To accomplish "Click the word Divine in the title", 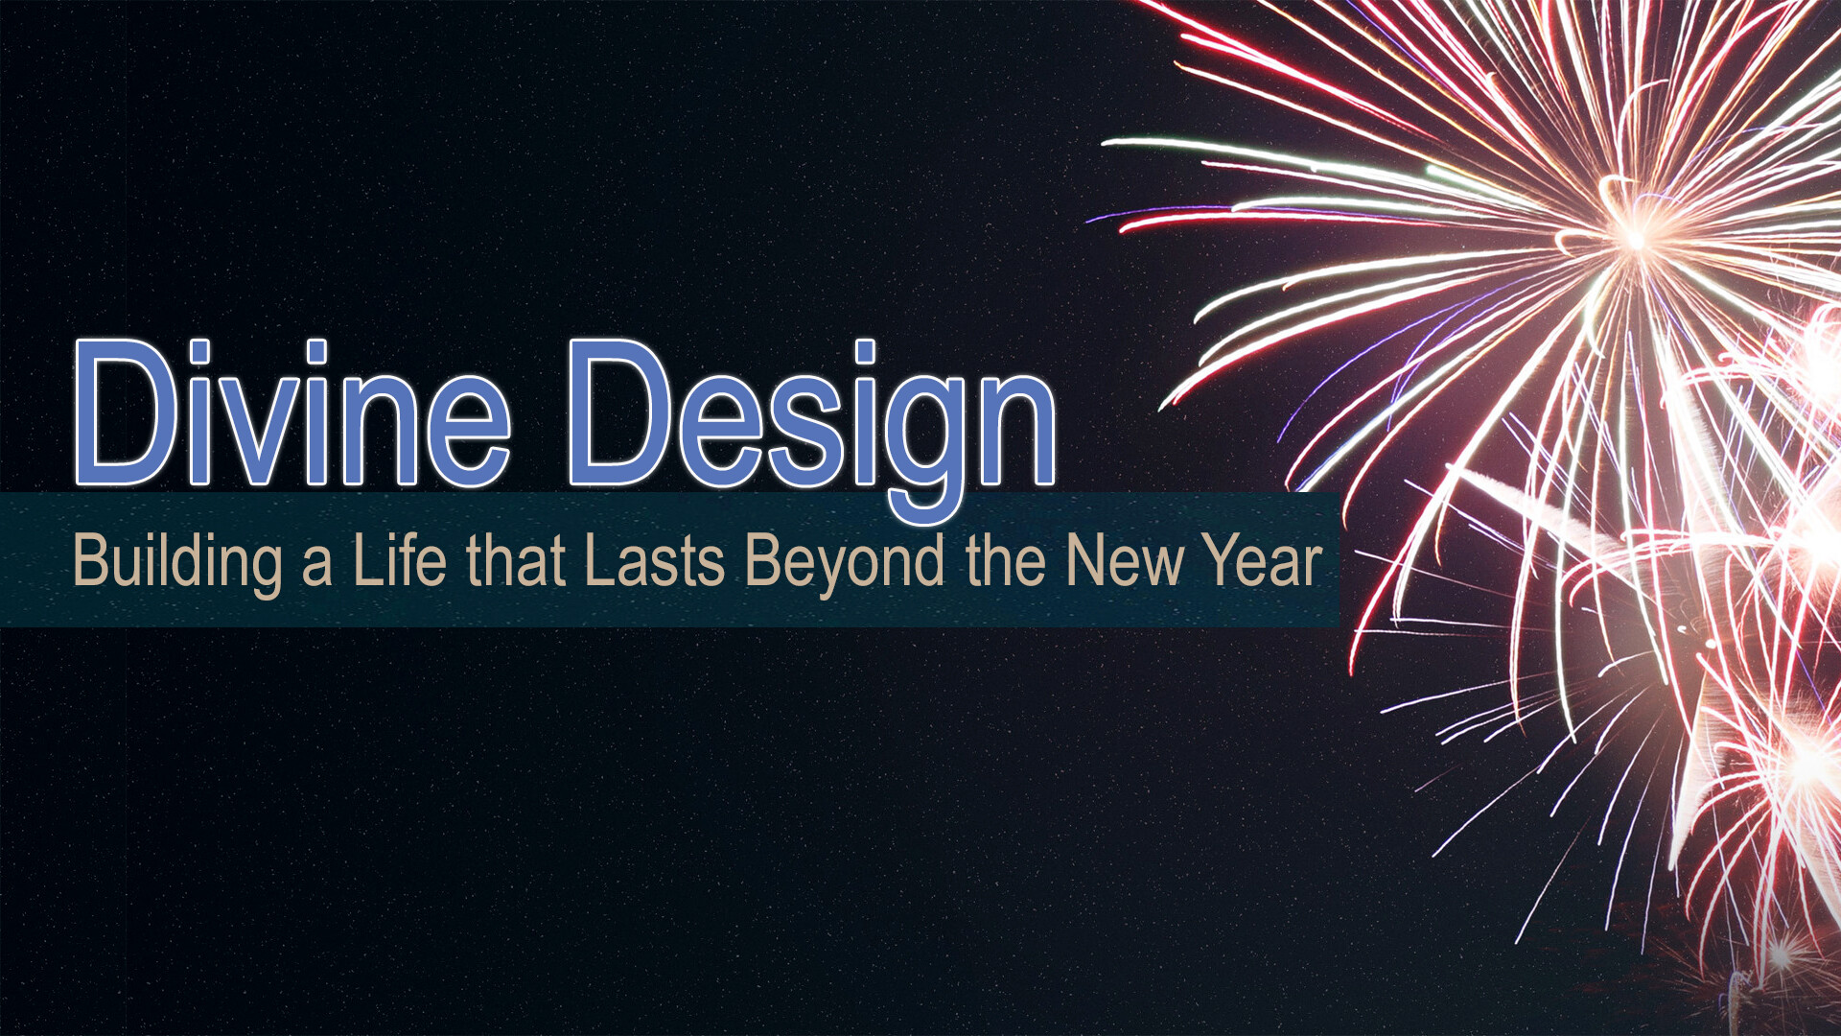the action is click(291, 412).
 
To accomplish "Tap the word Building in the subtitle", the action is click(177, 562).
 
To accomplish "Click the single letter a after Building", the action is click(317, 567).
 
